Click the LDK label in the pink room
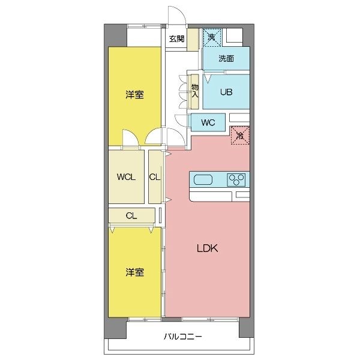[x=207, y=248]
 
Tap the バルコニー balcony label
[x=183, y=337]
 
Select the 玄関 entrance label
[x=176, y=38]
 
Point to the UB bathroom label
[x=226, y=92]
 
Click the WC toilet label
[x=208, y=122]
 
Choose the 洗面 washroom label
[x=226, y=59]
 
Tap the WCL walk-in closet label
[x=126, y=177]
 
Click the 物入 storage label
[x=195, y=91]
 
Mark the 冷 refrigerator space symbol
[x=239, y=136]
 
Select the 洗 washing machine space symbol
[x=212, y=37]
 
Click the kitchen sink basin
[x=203, y=180]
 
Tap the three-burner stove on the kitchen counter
[x=236, y=179]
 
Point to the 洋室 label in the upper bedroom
[x=134, y=95]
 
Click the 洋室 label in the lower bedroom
[x=134, y=272]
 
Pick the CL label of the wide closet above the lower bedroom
[x=131, y=215]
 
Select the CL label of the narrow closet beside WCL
[x=155, y=177]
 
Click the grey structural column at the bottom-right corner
[x=247, y=328]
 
